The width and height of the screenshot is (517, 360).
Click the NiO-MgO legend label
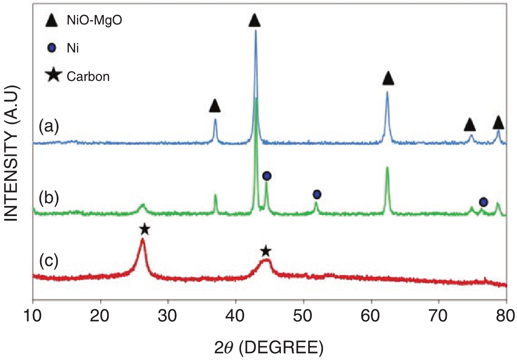click(94, 21)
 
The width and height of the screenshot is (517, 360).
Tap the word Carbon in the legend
click(88, 76)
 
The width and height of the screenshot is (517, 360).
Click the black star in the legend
click(53, 75)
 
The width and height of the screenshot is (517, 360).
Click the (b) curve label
click(48, 198)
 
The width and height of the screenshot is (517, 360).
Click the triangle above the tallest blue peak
click(255, 20)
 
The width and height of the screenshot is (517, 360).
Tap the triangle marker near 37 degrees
click(215, 106)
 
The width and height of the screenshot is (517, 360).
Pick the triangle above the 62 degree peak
click(388, 78)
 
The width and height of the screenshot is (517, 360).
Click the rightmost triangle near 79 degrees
click(498, 123)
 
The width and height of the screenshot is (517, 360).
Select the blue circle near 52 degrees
click(317, 194)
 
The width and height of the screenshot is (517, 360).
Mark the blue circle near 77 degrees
click(483, 202)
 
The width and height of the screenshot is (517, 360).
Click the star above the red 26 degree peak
click(145, 230)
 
